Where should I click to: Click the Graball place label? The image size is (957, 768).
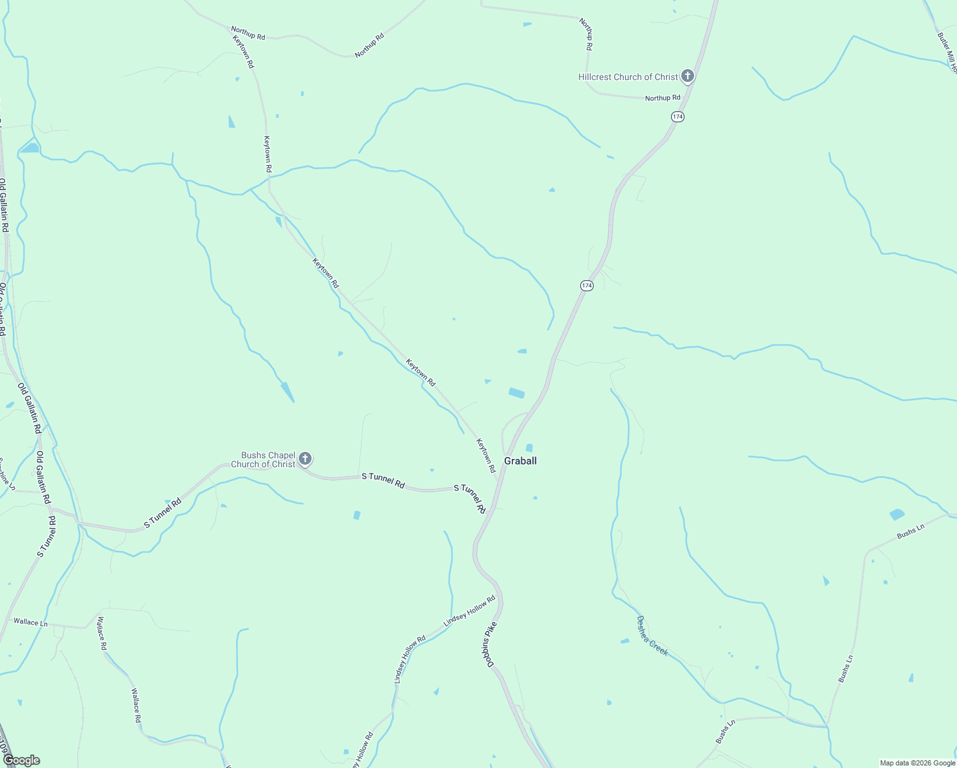520,461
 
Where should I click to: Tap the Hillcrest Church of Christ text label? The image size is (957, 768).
628,77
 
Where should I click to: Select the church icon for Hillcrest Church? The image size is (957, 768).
688,77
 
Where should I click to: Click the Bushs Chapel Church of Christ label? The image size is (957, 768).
264,460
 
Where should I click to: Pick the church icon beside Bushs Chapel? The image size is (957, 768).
305,459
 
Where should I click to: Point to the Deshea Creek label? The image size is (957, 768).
652,636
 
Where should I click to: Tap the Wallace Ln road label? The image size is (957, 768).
31,622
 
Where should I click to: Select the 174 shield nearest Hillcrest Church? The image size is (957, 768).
678,116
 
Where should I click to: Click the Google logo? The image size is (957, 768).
21,760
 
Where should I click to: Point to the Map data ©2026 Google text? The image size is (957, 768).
917,763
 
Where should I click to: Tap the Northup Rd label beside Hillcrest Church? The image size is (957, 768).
663,98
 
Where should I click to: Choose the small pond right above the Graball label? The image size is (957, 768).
529,447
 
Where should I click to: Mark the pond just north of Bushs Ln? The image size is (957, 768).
897,514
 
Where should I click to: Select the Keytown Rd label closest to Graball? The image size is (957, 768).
486,456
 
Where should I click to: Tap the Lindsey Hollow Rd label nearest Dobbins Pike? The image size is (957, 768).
470,611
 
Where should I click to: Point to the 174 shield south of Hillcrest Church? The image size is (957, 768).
587,285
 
